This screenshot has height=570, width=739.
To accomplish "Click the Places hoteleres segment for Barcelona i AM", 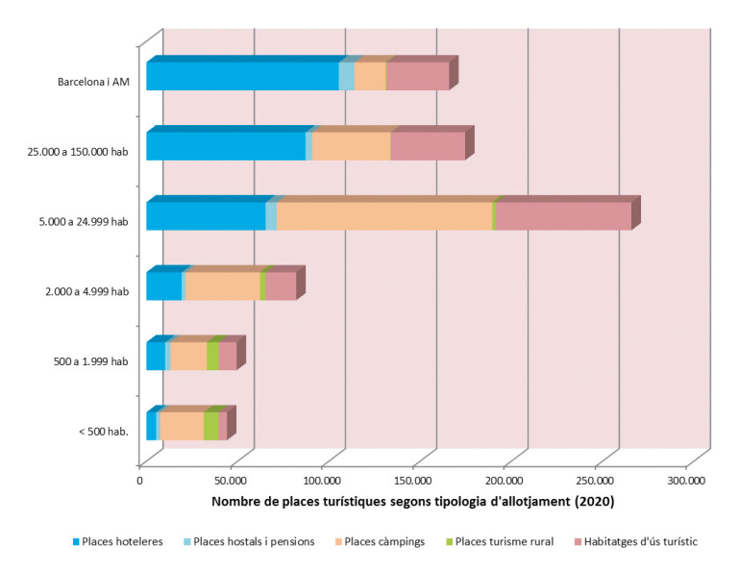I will pos(242,76).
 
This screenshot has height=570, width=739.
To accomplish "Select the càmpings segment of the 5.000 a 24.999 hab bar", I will pos(384,216).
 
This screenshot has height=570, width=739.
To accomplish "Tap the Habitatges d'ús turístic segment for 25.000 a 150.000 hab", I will pos(428,146).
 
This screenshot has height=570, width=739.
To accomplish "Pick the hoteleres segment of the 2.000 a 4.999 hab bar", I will pos(163,286).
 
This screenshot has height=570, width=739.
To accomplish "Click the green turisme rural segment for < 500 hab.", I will pos(210,426).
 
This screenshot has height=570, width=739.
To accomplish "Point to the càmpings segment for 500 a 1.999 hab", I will pos(188,357).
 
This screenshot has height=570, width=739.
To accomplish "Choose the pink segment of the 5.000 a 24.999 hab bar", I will pos(563,216).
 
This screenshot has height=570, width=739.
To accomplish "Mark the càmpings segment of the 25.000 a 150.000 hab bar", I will pos(351,146).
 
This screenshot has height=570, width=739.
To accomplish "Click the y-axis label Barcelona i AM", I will pos(92,82).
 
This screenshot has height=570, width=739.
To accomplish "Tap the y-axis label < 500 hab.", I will pos(103,432).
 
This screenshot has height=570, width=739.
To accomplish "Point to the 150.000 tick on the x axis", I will pos(413,480).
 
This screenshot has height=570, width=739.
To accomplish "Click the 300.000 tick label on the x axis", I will pos(686,480).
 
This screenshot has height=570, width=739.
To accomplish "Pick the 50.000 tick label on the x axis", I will pos(232,480).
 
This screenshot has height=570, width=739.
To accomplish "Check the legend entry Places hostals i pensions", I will pos(254,541).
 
